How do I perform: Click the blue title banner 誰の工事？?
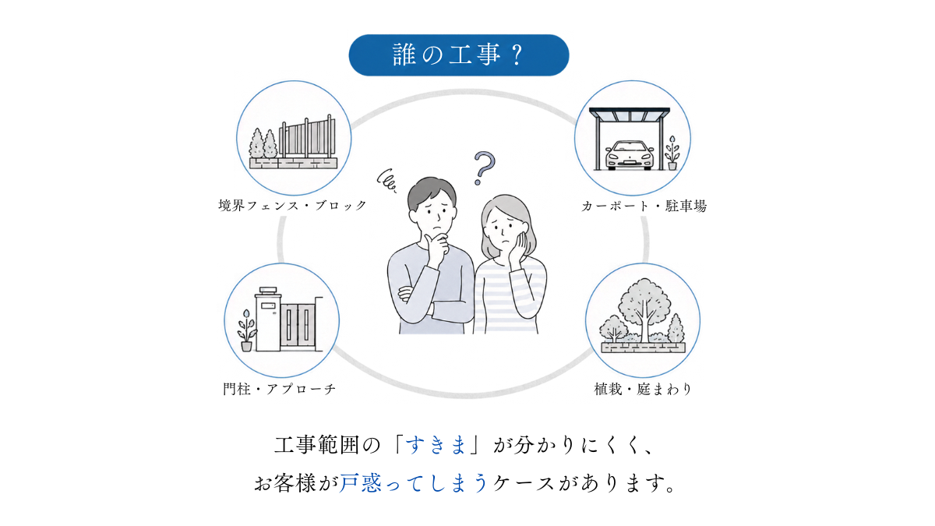point(459,55)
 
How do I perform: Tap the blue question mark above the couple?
point(484,168)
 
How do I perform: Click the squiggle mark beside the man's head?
point(386,181)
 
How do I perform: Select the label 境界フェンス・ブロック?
point(292,206)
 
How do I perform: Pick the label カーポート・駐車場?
point(644,206)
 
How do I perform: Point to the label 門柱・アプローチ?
point(279,389)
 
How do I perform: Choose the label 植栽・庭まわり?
point(643,389)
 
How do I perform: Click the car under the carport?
point(630,155)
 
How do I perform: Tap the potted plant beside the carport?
point(672,153)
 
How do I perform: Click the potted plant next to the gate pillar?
point(246,330)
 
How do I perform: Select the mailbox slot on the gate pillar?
point(267,305)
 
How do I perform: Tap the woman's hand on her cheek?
point(518,247)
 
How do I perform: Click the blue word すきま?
point(436,445)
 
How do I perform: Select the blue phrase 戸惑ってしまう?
point(413,483)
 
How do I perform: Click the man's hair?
point(431,192)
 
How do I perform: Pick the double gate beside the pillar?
point(298,326)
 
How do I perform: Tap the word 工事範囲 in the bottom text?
point(316,445)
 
